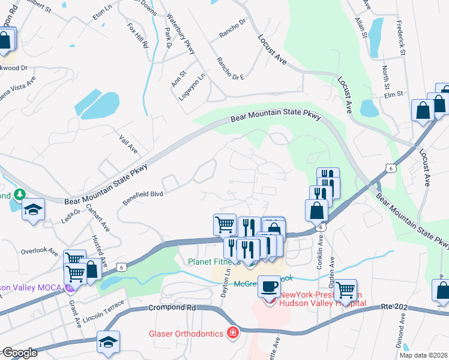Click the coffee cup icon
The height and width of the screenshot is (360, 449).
click(270, 286)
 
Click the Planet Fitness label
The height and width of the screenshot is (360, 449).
click(214, 262)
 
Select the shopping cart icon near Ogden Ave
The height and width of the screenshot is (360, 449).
click(346, 290)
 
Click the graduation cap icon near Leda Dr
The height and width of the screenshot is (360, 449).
click(34, 210)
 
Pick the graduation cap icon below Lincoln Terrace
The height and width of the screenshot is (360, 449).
click(108, 342)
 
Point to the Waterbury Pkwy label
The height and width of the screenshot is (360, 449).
click(181, 34)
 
